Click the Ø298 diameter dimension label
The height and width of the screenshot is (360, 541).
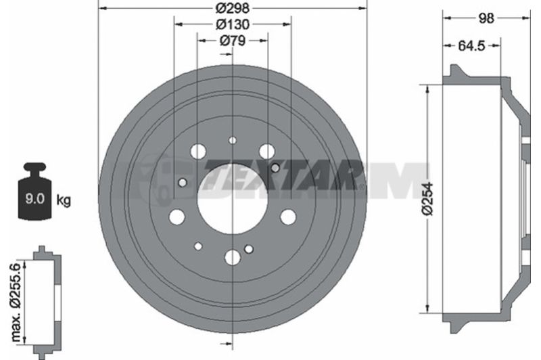tap(232, 7)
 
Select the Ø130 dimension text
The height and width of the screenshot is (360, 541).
tap(233, 24)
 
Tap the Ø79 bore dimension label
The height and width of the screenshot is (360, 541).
tap(232, 41)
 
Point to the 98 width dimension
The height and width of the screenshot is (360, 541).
tap(486, 18)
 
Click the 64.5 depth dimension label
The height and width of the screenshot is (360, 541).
tap(471, 45)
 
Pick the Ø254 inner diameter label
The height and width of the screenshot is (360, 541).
tap(427, 199)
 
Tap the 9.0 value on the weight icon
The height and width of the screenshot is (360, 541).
tap(35, 199)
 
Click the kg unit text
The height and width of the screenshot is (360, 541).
tap(64, 200)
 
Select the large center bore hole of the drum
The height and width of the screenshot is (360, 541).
tap(233, 200)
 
